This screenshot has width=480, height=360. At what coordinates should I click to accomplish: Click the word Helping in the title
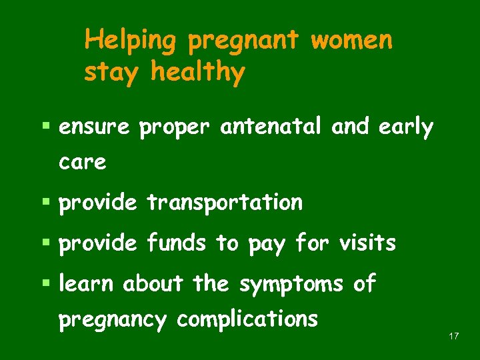130,41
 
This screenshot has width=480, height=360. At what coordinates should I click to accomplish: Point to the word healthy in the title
198,72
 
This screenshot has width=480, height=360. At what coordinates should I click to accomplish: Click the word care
82,162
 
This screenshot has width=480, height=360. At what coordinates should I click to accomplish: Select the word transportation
225,203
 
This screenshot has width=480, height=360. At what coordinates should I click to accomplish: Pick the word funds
176,243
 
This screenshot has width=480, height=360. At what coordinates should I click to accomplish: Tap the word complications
247,320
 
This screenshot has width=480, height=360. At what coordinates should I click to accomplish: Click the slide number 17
454,336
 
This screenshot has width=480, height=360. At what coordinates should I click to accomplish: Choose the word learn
87,284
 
